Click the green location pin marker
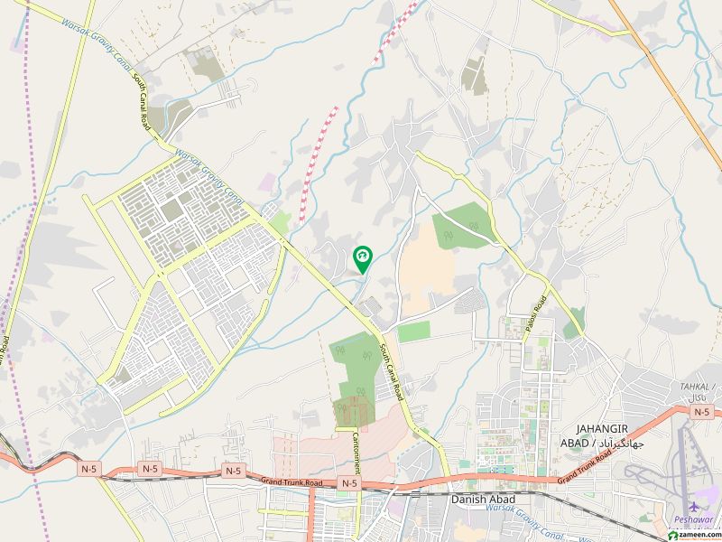point(362,258)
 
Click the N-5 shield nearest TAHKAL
point(701,411)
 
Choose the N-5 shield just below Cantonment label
point(349,484)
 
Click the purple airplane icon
point(693,508)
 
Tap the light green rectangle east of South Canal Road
point(414,332)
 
